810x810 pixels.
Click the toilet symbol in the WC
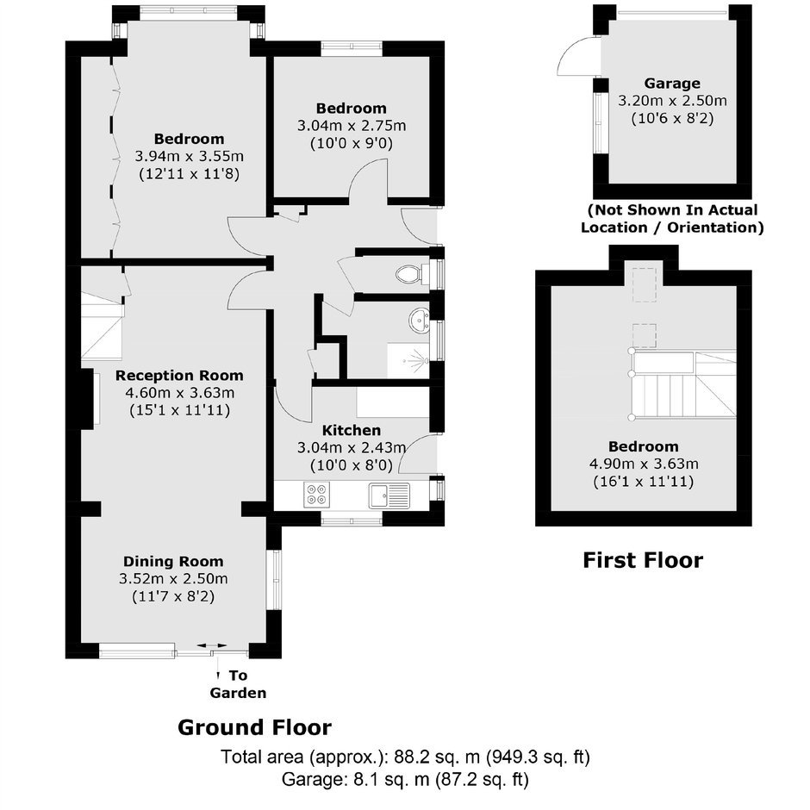coord(412,274)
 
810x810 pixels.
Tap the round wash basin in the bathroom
coord(419,321)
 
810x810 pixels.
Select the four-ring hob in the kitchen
coord(316,495)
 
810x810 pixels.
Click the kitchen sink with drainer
coord(389,495)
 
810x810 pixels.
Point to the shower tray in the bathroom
coord(408,360)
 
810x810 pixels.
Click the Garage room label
coord(672,84)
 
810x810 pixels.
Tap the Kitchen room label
coord(352,430)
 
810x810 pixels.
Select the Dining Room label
coord(173,562)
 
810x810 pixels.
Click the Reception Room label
coord(179,376)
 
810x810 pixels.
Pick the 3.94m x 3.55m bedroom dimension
coord(189,156)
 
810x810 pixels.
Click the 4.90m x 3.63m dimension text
coord(644,464)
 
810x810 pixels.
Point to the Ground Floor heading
coord(254,727)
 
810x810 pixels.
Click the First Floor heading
coord(643,560)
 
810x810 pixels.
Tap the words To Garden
coord(238,684)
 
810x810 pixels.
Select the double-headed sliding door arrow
coord(212,645)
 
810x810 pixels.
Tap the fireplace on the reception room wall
coord(90,398)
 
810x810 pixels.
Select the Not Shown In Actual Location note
coord(672,219)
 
